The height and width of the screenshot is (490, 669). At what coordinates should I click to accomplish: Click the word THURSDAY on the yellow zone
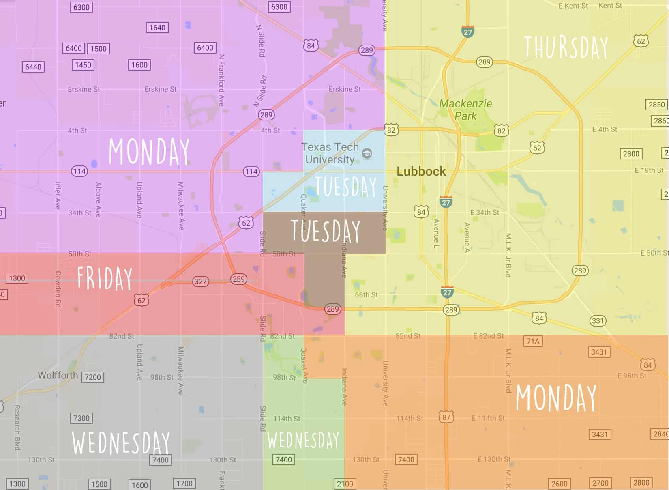pos(566,48)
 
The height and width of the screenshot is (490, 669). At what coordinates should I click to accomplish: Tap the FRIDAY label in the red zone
pos(105,278)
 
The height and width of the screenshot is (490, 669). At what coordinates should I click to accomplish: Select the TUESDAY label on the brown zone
pos(326,231)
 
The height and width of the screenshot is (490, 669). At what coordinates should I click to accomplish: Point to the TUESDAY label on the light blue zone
pos(345,187)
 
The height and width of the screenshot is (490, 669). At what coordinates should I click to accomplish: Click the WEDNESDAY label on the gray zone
pos(121,443)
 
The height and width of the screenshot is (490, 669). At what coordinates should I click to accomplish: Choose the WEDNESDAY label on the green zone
pos(303,441)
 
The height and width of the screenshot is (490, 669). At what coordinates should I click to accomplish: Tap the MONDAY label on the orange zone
pos(556,398)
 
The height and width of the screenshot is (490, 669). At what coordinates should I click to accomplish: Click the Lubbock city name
pos(421,172)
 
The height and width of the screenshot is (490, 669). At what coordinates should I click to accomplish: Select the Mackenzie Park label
pos(465,110)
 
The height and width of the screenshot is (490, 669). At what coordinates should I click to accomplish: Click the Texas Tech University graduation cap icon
pos(367,153)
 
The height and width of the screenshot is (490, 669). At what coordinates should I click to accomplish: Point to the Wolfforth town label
pos(58,375)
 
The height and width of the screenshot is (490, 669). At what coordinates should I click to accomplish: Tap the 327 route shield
pos(200,282)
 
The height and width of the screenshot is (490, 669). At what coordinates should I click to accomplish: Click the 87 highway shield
pos(446,417)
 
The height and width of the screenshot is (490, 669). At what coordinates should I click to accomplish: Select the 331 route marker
pos(598,321)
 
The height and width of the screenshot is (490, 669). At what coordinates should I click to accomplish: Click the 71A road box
pos(533,341)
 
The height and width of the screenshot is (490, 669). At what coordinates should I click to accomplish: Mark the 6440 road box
pos(33,67)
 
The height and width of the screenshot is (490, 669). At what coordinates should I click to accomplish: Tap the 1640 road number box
pos(157,28)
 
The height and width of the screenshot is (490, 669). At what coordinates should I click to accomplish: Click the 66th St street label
pos(366,295)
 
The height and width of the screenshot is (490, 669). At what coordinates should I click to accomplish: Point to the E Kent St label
pos(573,6)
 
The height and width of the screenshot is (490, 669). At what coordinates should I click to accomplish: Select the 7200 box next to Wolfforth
pos(92,377)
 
